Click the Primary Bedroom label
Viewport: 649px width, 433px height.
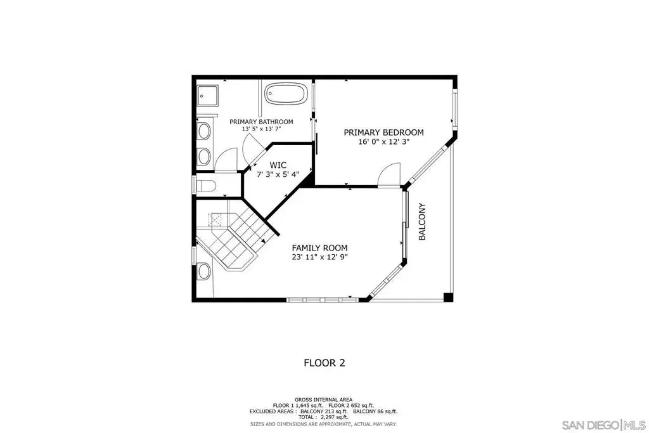383,132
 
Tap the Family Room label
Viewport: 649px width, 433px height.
319,248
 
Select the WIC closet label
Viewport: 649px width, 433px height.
278,165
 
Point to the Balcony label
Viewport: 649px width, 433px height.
422,221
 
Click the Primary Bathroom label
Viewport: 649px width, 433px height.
261,122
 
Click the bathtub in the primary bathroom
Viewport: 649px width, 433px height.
286,94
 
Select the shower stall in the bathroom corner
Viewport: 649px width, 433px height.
207,96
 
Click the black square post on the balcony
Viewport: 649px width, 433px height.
448,297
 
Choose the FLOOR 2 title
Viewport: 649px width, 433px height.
324,363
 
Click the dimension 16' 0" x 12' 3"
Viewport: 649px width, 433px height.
383,142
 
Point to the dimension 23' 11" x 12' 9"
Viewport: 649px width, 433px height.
319,257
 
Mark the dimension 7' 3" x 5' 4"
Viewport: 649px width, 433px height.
278,174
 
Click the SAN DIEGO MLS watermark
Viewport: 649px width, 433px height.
603,425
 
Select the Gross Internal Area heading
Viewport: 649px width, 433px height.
324,400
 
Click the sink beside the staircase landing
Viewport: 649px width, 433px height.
204,271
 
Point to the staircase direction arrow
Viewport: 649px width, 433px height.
263,240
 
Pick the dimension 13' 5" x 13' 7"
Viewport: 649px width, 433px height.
261,129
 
